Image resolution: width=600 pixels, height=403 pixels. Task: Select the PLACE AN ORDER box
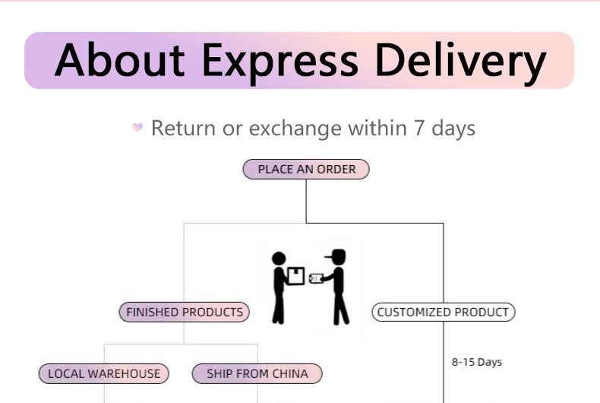click(306, 169)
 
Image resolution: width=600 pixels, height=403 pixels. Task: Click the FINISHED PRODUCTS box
click(185, 312)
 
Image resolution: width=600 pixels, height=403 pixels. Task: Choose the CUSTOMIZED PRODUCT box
click(443, 312)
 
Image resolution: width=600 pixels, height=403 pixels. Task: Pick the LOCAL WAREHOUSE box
click(104, 373)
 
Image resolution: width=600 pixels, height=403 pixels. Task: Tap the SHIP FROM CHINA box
click(257, 373)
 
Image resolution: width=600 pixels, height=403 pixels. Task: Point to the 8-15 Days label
click(477, 362)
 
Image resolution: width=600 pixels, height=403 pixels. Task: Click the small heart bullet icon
click(137, 128)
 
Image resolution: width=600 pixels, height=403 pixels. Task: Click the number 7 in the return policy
click(418, 128)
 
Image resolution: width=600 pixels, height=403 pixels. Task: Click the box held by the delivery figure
click(295, 275)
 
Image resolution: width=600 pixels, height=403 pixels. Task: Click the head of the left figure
click(279, 259)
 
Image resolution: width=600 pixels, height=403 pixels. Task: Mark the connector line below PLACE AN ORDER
click(306, 201)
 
